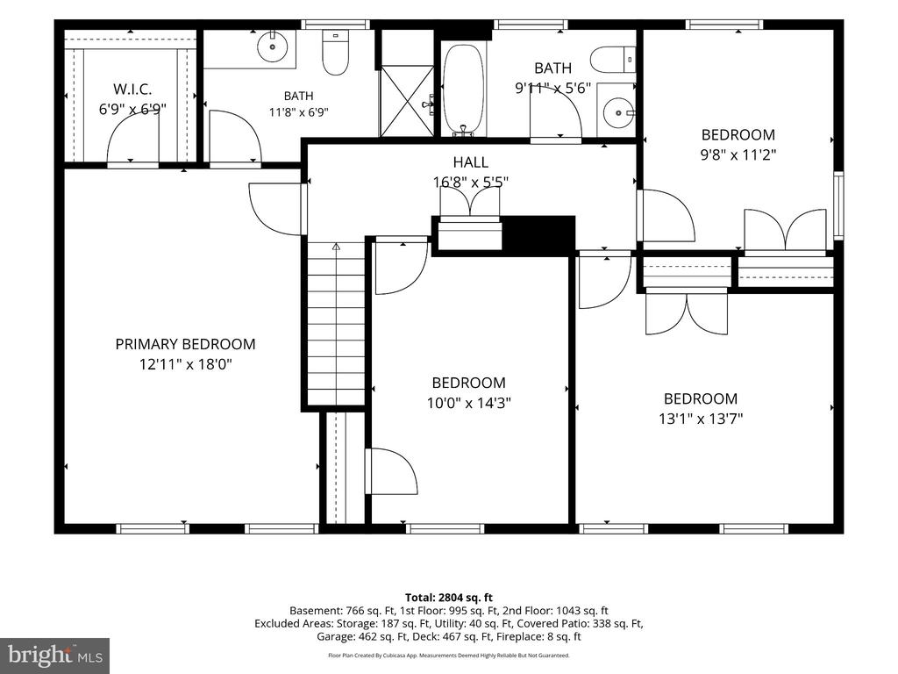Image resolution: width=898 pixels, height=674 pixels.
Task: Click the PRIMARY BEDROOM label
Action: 185,344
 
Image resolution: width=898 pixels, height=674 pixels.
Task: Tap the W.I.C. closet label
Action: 132,89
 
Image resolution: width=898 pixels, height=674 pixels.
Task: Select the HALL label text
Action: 471,162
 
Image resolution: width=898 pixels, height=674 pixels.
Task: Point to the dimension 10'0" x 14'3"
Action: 469,403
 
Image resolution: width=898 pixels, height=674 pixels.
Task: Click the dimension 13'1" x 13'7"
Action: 701,419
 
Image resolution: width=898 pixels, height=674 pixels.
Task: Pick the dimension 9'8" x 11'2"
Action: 738,154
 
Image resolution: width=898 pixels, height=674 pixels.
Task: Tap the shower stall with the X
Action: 407,101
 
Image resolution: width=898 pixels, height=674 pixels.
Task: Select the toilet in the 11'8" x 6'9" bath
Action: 336,53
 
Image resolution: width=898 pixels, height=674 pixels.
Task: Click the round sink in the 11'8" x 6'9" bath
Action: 272,47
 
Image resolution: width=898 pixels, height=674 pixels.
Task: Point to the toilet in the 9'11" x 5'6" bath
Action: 613,61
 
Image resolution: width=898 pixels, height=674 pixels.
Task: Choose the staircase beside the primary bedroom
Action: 336,324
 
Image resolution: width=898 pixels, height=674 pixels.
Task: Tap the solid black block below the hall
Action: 538,233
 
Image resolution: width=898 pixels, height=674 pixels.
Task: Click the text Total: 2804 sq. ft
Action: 449,598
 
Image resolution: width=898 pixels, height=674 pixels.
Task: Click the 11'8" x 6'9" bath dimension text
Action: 298,112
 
